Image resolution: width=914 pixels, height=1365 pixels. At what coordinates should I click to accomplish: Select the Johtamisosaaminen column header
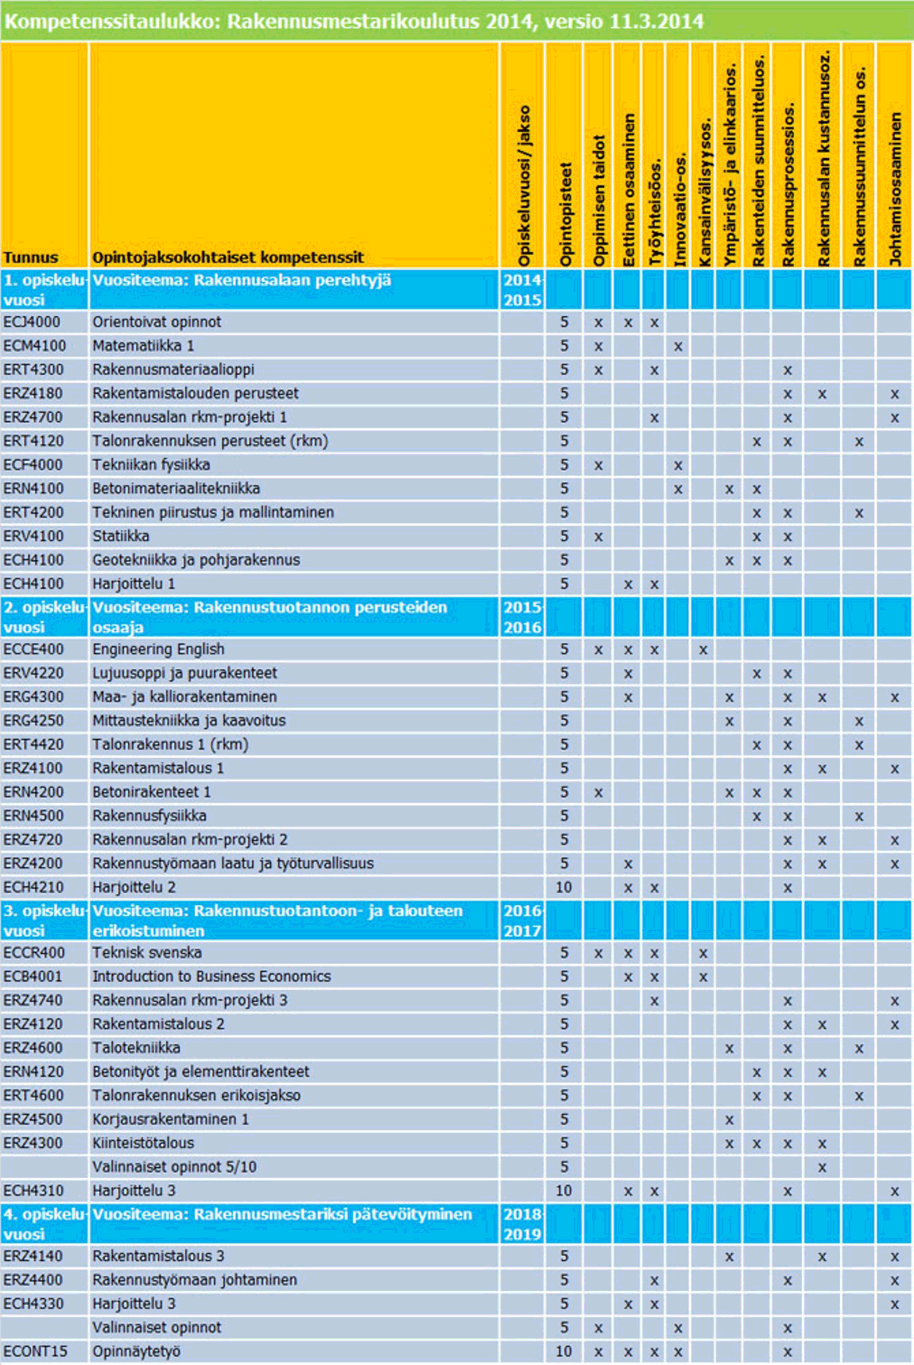[x=896, y=188]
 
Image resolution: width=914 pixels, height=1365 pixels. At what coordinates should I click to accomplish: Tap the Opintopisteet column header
[x=565, y=215]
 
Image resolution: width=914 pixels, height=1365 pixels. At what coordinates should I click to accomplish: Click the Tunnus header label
[x=30, y=257]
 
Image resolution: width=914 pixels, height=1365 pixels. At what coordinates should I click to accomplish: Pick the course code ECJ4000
[x=32, y=322]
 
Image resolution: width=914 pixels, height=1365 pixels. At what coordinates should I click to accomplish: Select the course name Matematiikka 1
[x=143, y=346]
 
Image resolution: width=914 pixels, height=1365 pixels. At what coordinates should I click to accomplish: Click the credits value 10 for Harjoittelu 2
[x=564, y=887]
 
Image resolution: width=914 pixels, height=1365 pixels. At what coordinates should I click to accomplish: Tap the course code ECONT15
[x=35, y=1351]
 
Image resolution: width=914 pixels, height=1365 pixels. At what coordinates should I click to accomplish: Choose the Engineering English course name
[x=158, y=649]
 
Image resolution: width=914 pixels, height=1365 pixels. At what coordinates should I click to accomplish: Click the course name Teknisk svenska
[x=147, y=953]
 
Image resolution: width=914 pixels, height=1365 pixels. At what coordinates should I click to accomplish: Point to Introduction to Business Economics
[x=211, y=976]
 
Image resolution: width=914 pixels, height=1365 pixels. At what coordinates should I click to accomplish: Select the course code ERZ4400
[x=33, y=1280]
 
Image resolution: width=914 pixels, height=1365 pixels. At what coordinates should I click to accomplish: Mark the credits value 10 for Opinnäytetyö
[x=564, y=1351]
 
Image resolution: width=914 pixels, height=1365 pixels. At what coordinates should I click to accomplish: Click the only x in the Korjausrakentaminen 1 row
[x=729, y=1120]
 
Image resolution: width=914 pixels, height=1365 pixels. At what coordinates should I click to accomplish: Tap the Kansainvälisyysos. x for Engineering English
[x=703, y=650]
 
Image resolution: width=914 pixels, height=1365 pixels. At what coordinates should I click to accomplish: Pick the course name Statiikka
[x=121, y=536]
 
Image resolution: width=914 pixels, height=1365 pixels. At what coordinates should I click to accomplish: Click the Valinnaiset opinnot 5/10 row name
[x=174, y=1167]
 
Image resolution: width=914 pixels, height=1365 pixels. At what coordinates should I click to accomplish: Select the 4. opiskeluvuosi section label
[x=45, y=1224]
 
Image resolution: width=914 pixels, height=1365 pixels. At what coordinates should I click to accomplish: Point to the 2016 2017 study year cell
[x=522, y=921]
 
